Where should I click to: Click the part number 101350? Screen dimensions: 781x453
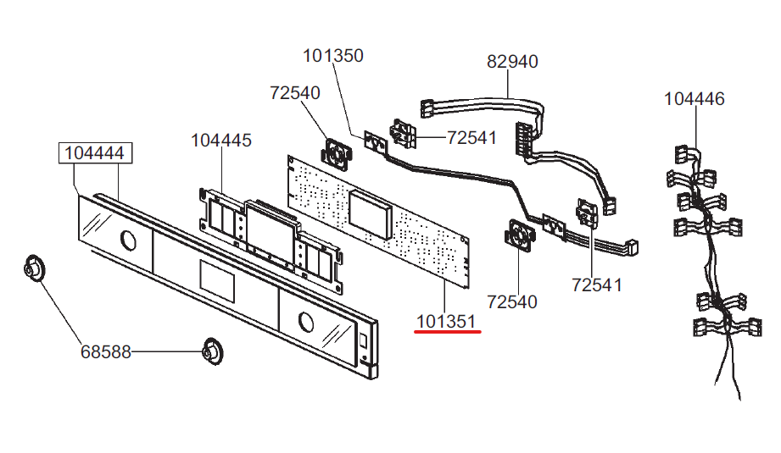(x=333, y=56)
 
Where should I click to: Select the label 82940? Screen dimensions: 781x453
(x=512, y=62)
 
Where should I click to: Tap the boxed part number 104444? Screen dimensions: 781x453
(x=95, y=152)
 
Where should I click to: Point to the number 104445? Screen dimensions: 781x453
(x=221, y=141)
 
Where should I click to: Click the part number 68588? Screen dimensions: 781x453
(x=106, y=352)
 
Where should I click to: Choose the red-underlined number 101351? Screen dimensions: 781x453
(x=446, y=322)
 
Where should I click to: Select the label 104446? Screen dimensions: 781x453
(x=695, y=99)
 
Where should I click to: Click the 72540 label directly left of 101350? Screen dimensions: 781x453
(x=295, y=93)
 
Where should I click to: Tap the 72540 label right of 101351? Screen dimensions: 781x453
(x=512, y=301)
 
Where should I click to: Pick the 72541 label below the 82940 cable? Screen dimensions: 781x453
(x=471, y=138)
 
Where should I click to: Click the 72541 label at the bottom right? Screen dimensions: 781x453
(x=597, y=285)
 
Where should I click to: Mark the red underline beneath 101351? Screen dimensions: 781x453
(x=448, y=331)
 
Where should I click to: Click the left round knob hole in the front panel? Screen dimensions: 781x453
(x=128, y=240)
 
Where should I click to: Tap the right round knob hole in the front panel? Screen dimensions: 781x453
(x=306, y=323)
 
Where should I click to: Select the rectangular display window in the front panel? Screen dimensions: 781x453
(x=217, y=281)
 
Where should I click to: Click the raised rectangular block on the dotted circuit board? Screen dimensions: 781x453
(x=370, y=214)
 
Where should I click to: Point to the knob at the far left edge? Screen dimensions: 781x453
(x=34, y=268)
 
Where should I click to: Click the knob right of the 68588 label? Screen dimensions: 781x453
(x=213, y=351)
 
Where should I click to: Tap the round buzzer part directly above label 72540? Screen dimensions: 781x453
(x=520, y=233)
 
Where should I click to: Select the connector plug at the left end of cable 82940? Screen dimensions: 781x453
(x=427, y=109)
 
